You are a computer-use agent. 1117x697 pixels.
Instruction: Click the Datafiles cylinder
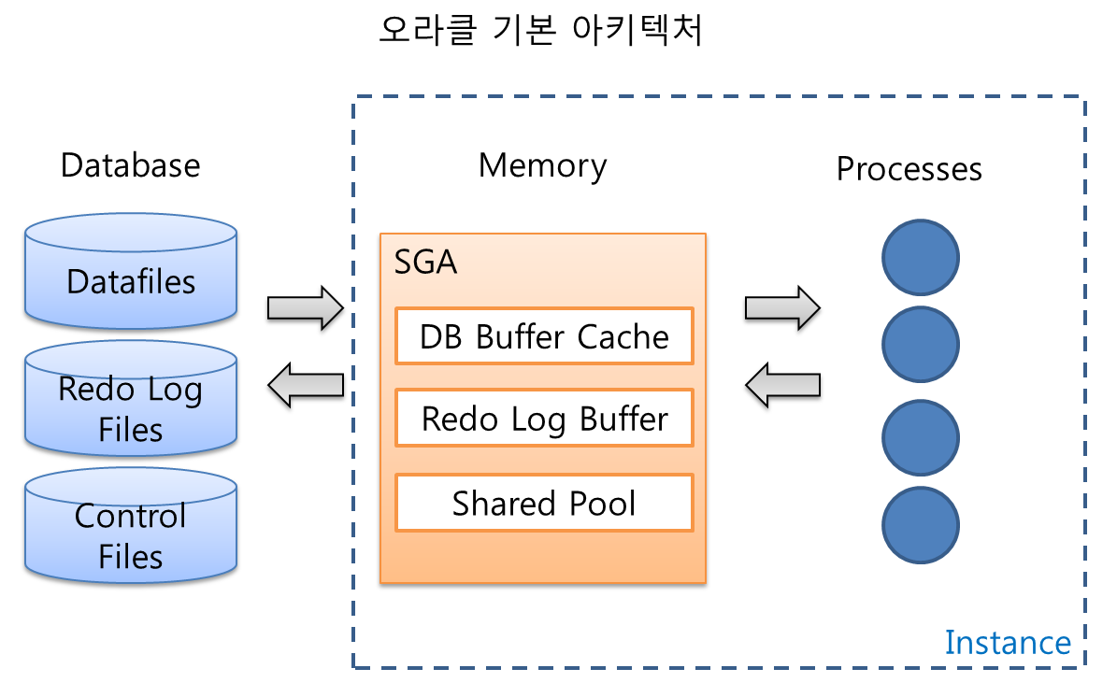[131, 271]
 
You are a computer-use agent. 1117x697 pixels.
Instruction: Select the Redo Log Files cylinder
[131, 399]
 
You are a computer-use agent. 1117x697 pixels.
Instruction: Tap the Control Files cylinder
[131, 525]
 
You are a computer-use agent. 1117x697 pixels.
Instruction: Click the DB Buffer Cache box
[544, 336]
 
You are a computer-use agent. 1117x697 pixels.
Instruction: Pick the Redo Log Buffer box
[544, 418]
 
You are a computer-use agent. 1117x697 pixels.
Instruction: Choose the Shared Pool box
[544, 503]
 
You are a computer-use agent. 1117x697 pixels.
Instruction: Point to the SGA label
[425, 262]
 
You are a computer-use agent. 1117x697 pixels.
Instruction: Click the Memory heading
[543, 166]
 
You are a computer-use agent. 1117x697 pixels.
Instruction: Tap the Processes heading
[909, 169]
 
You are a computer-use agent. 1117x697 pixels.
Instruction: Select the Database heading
[130, 165]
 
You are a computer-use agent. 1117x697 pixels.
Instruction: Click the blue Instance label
[1008, 642]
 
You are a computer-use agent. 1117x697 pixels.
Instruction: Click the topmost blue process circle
[921, 257]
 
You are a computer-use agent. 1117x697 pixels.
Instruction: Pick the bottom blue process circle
[921, 525]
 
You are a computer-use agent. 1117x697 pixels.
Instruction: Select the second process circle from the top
[921, 345]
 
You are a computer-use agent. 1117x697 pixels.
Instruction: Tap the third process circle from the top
[921, 438]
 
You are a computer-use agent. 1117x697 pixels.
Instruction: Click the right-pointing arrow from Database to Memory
[306, 308]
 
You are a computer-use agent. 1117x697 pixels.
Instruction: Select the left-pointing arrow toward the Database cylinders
[306, 385]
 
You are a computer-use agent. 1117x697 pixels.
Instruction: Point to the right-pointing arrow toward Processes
[783, 308]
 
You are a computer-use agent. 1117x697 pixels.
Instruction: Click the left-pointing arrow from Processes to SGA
[783, 385]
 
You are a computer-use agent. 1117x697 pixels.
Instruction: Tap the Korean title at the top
[541, 30]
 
